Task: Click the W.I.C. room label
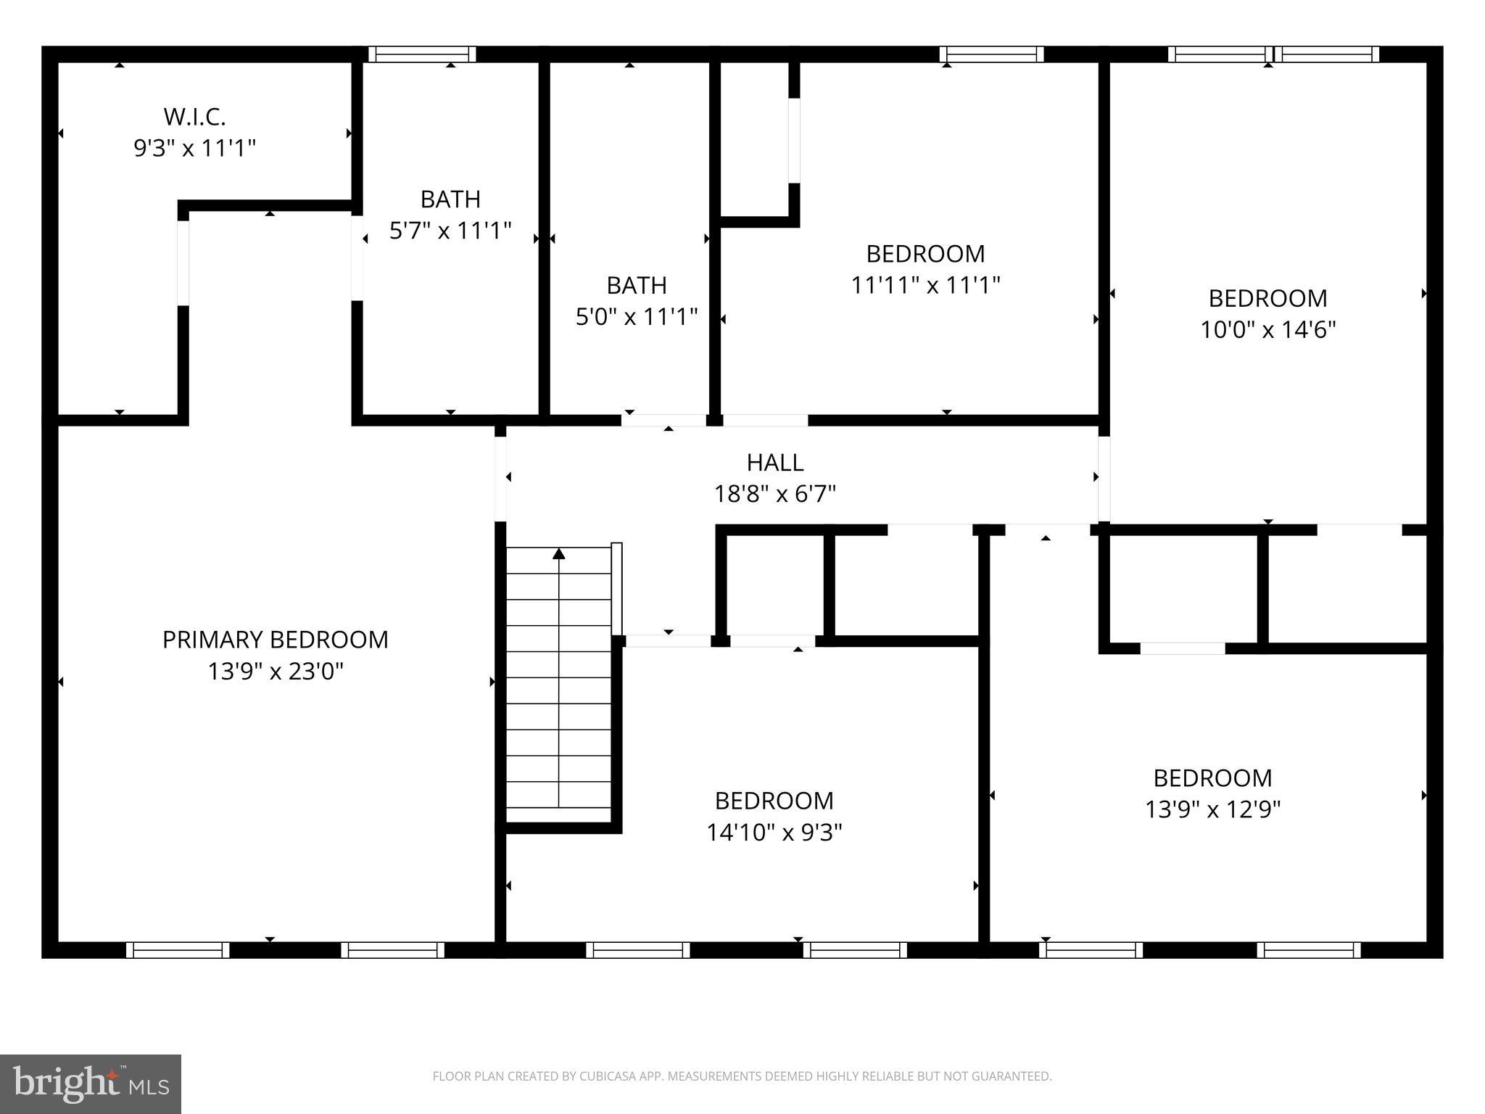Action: (x=194, y=117)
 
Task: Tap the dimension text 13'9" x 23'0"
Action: (x=275, y=672)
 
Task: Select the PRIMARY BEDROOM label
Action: (x=275, y=640)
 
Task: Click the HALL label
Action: (x=774, y=463)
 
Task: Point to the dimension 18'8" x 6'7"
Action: (x=774, y=495)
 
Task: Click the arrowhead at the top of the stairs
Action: (x=558, y=554)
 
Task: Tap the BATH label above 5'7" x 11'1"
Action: (x=450, y=199)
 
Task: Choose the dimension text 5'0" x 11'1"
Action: (x=636, y=317)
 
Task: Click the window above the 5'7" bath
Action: (x=421, y=54)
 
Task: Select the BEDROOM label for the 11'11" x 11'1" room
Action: (x=925, y=254)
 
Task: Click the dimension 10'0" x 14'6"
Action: (x=1267, y=330)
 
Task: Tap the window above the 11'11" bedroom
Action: (x=991, y=54)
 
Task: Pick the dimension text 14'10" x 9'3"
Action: (x=774, y=833)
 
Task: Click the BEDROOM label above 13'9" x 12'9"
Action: (x=1212, y=778)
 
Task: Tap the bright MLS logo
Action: (x=90, y=1084)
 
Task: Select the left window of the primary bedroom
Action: (x=178, y=950)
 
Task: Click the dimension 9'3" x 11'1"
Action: (x=194, y=149)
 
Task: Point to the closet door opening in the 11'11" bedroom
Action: (x=794, y=140)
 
